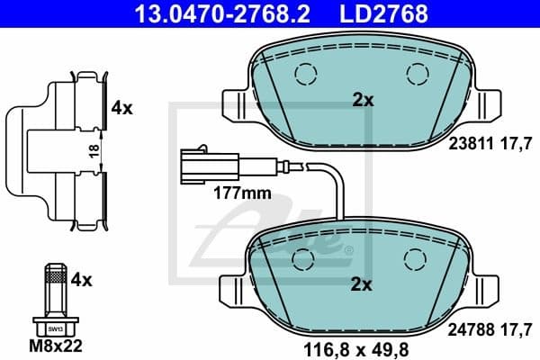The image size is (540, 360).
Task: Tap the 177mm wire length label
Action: [x=241, y=192]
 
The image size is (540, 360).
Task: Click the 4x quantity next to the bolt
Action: [x=82, y=280]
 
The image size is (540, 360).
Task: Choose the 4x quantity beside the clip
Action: [x=121, y=108]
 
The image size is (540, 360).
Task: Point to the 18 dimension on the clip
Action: [x=94, y=151]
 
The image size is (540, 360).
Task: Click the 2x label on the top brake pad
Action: [x=363, y=101]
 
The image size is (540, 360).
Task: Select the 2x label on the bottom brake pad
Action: [x=362, y=285]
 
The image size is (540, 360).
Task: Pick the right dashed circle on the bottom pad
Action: [x=418, y=258]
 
